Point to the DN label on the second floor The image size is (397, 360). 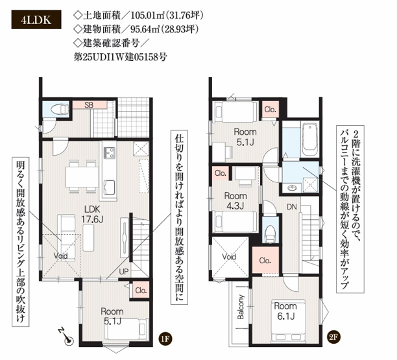[293, 207]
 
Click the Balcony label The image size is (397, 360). [241, 307]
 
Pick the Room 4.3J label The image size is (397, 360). [235, 200]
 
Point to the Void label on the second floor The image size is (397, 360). [229, 256]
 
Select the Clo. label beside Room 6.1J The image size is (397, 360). [265, 260]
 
